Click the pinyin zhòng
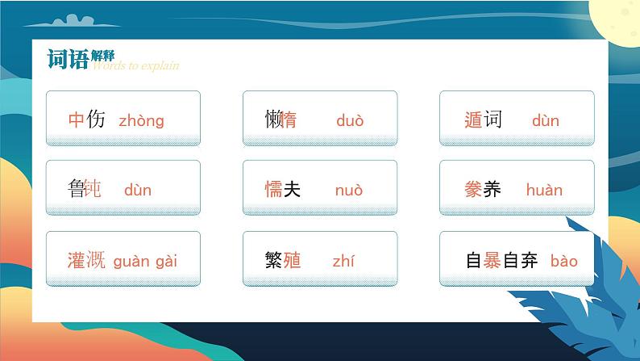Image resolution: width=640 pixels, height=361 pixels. pyautogui.click(x=141, y=121)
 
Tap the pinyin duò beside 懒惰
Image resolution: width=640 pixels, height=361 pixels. pyautogui.click(x=350, y=121)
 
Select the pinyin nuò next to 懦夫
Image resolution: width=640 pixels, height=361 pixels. pyautogui.click(x=349, y=191)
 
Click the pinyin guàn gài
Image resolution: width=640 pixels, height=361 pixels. pyautogui.click(x=145, y=261)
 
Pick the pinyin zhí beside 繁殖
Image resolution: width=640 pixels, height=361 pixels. pyautogui.click(x=343, y=261)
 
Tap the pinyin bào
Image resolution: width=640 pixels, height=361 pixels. pyautogui.click(x=564, y=261)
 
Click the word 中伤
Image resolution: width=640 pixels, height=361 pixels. pyautogui.click(x=87, y=120)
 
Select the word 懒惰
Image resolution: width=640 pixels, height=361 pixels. pyautogui.click(x=281, y=120)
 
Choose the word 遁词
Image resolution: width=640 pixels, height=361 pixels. pyautogui.click(x=483, y=120)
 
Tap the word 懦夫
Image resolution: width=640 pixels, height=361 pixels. pyautogui.click(x=283, y=190)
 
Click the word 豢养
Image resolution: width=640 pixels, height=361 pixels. pyautogui.click(x=483, y=190)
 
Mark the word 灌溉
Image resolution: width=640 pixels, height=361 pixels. pyautogui.click(x=86, y=260)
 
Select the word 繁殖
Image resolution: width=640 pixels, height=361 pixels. pyautogui.click(x=283, y=260)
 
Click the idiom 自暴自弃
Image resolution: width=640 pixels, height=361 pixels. pyautogui.click(x=502, y=260)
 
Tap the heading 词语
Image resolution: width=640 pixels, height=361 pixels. pyautogui.click(x=69, y=59)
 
